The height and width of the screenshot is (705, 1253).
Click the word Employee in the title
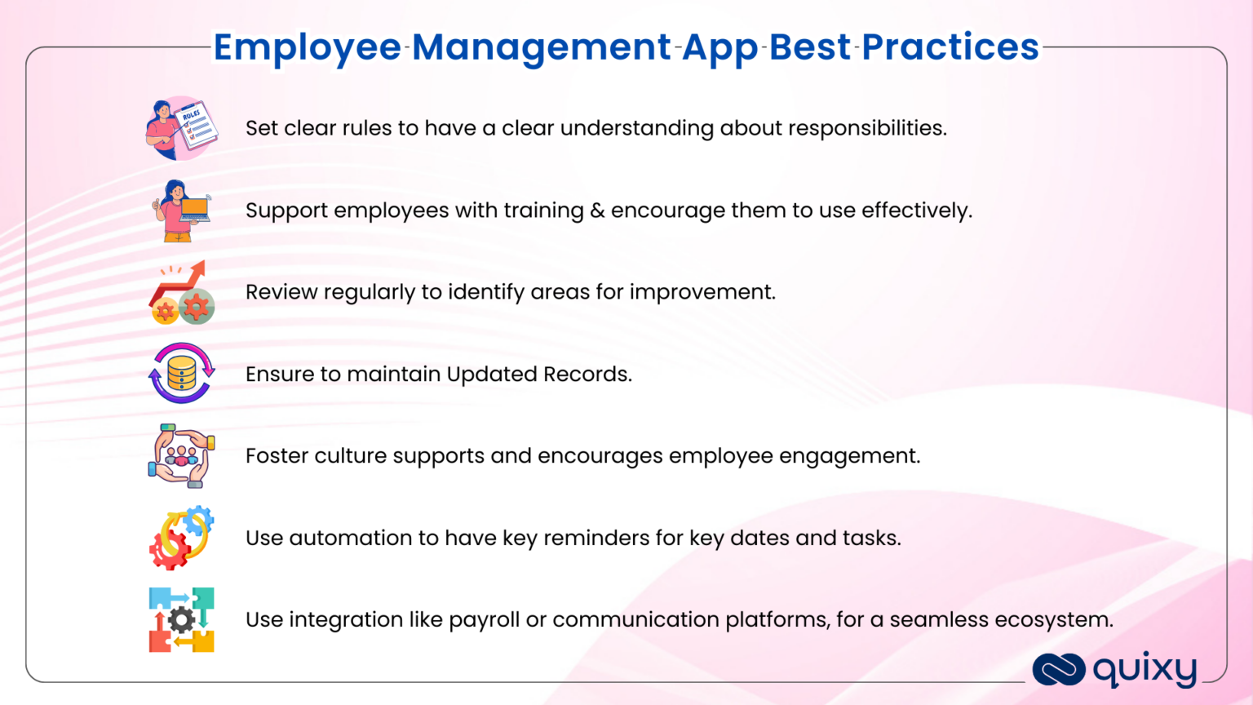point(307,47)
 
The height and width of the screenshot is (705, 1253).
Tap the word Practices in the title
point(950,47)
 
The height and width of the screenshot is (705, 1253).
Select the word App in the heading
point(719,47)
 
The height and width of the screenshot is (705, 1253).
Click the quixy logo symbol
point(1058,670)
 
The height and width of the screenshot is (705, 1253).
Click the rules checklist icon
point(181,129)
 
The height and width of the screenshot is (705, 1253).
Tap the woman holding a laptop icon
point(181,211)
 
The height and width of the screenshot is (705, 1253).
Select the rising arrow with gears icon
point(181,293)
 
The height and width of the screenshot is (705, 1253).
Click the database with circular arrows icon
point(181,374)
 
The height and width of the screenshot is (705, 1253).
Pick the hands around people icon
point(181,455)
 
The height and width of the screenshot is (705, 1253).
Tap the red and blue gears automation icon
point(181,538)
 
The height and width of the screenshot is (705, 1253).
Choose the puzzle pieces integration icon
point(181,619)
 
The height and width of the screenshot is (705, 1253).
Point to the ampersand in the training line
point(597,211)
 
